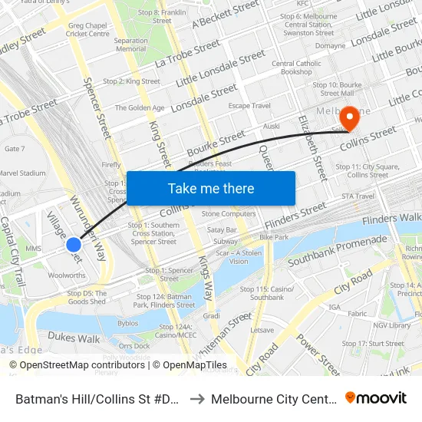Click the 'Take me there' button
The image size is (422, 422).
[x=211, y=188]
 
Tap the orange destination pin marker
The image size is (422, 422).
[x=349, y=117]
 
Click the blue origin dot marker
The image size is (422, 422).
[x=74, y=244]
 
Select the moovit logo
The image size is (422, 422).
[x=375, y=398]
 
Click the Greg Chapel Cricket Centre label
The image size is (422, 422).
[x=88, y=29]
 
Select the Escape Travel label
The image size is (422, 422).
[x=249, y=106]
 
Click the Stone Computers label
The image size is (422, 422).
[x=229, y=213]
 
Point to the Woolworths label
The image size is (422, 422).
[x=67, y=275]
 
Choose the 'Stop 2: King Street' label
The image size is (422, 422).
[x=131, y=81]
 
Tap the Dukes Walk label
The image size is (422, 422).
[x=74, y=338]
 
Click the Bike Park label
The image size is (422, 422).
[x=274, y=237]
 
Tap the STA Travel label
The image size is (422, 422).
[x=357, y=196]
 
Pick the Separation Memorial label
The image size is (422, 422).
[x=131, y=45]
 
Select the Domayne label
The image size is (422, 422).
[x=330, y=45]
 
